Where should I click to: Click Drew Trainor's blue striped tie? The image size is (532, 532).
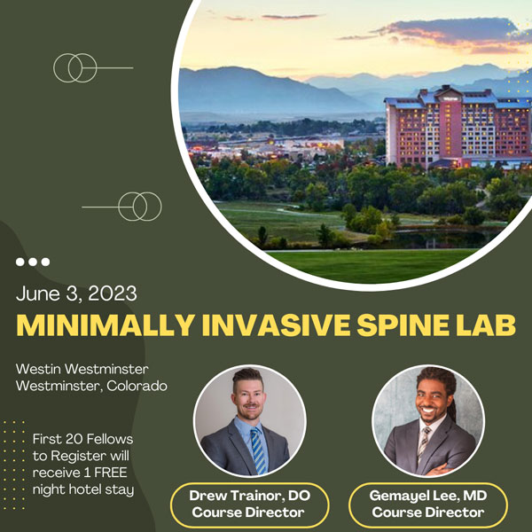256,447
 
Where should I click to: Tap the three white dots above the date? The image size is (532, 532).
33,262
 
